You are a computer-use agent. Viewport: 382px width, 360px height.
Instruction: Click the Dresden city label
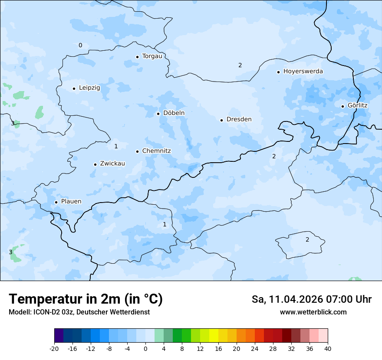point(239,119)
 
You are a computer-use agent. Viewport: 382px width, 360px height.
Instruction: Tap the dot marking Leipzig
point(74,88)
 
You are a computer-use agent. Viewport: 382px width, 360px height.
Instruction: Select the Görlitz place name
point(357,105)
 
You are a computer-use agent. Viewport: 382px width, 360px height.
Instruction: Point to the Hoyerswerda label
point(303,71)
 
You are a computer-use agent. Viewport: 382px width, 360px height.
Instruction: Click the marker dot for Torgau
point(137,57)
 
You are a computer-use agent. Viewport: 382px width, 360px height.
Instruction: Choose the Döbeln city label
point(174,113)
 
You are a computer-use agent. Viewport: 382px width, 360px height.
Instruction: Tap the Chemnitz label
point(156,151)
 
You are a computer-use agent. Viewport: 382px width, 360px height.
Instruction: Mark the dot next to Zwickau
point(95,164)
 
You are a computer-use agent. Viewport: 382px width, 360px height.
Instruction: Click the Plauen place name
point(71,202)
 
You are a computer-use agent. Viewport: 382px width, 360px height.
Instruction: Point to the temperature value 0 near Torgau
point(80,45)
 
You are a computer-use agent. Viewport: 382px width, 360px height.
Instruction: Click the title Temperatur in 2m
point(86,299)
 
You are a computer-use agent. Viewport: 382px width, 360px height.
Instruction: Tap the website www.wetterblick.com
point(313,312)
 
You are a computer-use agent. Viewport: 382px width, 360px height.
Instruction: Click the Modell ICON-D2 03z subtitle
point(79,312)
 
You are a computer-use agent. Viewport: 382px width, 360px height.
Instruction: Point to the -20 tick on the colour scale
point(54,348)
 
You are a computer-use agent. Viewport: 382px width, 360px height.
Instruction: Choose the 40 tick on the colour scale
point(328,348)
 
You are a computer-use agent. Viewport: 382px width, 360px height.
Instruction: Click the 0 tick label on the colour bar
point(145,348)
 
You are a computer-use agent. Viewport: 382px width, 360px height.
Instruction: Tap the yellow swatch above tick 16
point(214,336)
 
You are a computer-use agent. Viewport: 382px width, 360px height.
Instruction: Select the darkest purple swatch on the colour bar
point(59,336)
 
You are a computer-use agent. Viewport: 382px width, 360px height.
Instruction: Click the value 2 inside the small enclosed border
point(307,239)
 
